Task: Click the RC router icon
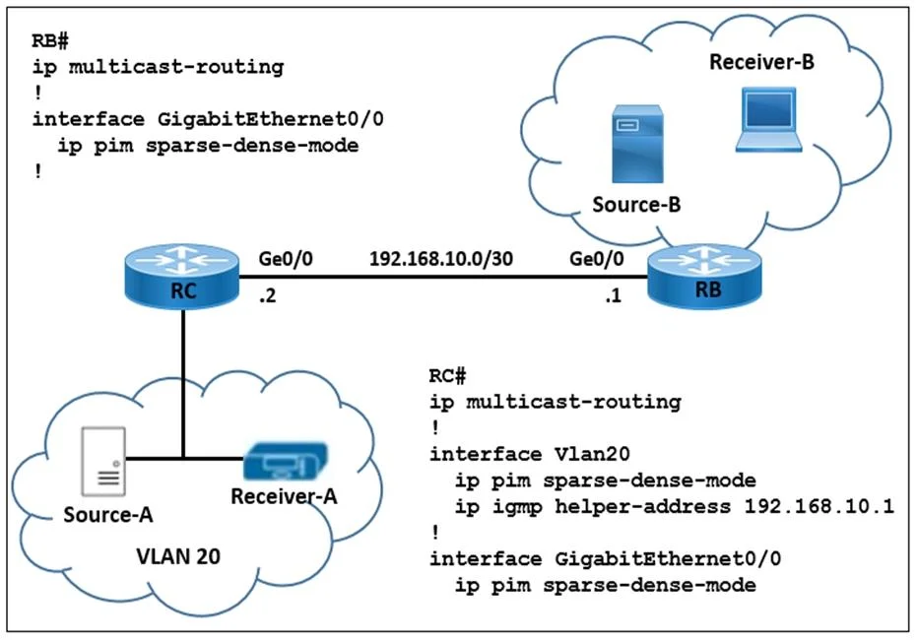point(182,277)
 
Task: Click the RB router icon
point(704,276)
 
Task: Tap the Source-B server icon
point(637,144)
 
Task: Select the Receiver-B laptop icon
point(769,120)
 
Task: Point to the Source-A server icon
point(103,461)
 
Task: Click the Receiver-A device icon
point(286,461)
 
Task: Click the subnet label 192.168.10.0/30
point(441,258)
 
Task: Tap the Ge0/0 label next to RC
point(286,258)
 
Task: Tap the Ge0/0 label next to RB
point(597,258)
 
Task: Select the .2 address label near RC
point(267,295)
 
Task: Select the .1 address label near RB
point(613,295)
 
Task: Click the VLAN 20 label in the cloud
point(178,556)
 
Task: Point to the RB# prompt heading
point(50,40)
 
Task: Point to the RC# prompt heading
point(447,375)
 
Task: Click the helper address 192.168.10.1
point(819,505)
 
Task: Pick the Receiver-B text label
point(761,62)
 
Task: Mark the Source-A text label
point(108,514)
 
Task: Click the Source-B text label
point(636,205)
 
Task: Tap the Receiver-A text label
point(284,496)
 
